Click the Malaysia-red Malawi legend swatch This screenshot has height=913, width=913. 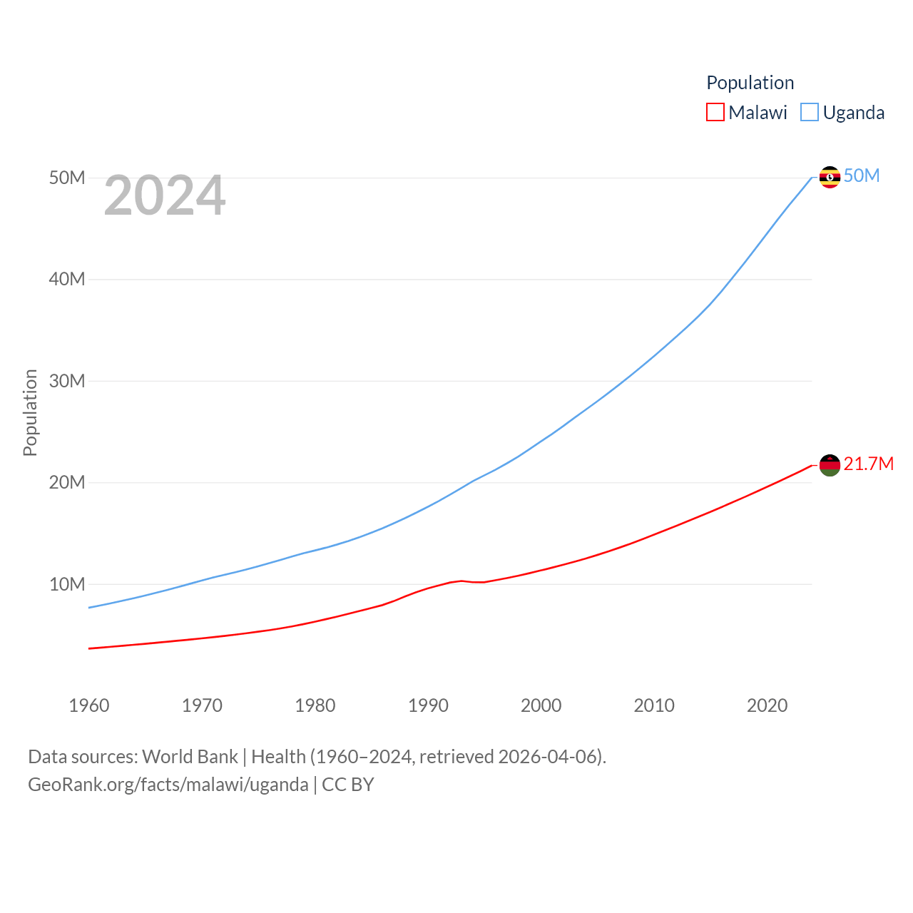(x=715, y=112)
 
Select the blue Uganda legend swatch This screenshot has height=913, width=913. (x=810, y=112)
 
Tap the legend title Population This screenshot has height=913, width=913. (x=750, y=83)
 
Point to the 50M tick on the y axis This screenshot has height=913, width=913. (x=67, y=178)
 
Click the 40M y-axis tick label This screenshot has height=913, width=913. (x=67, y=279)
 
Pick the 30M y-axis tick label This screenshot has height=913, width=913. (x=67, y=381)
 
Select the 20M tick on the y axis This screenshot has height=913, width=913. (x=67, y=482)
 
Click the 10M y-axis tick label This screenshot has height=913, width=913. (x=67, y=584)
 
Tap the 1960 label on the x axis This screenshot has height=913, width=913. (x=89, y=705)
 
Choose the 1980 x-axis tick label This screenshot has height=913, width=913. (x=315, y=705)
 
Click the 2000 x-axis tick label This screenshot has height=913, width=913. (x=541, y=705)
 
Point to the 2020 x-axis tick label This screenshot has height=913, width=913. (x=767, y=705)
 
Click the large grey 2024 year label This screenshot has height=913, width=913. (x=165, y=195)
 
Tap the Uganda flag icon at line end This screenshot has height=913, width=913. (x=830, y=177)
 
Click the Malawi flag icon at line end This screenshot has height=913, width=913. (x=830, y=465)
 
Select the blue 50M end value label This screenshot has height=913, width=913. (x=862, y=175)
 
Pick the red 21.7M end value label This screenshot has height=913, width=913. (x=869, y=464)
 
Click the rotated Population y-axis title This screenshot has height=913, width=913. (x=30, y=412)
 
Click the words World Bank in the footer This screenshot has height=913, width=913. (x=190, y=756)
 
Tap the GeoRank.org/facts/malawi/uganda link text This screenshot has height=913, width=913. (x=168, y=785)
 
